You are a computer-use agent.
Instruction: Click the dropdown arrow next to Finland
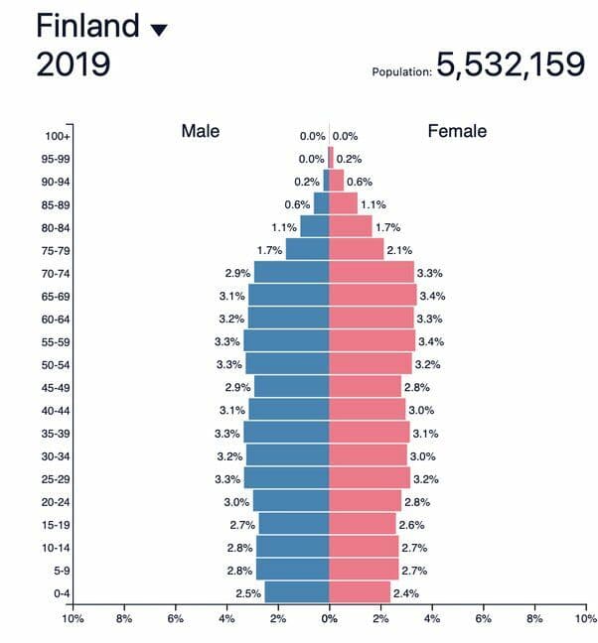click(x=159, y=31)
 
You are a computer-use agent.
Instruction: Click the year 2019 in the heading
click(x=74, y=64)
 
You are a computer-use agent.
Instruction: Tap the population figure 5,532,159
click(x=511, y=64)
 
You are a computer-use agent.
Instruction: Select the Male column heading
click(x=201, y=131)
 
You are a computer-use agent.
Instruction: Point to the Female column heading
click(x=457, y=131)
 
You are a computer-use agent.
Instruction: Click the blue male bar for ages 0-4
click(x=297, y=592)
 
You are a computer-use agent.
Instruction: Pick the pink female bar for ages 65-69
click(x=373, y=296)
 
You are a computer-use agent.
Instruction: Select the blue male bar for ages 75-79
click(x=307, y=249)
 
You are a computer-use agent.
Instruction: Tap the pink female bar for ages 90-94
click(x=337, y=181)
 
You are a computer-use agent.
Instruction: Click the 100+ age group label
click(x=58, y=136)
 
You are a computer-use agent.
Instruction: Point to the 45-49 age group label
click(x=56, y=388)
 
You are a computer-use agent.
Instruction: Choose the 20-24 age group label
click(x=56, y=502)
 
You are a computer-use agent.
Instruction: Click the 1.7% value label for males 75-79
click(x=269, y=250)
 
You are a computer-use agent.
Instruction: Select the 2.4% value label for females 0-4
click(x=406, y=593)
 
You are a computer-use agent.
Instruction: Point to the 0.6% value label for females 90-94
click(x=360, y=182)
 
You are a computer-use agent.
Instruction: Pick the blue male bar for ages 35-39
click(x=286, y=433)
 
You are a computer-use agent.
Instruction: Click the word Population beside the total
click(x=402, y=71)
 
